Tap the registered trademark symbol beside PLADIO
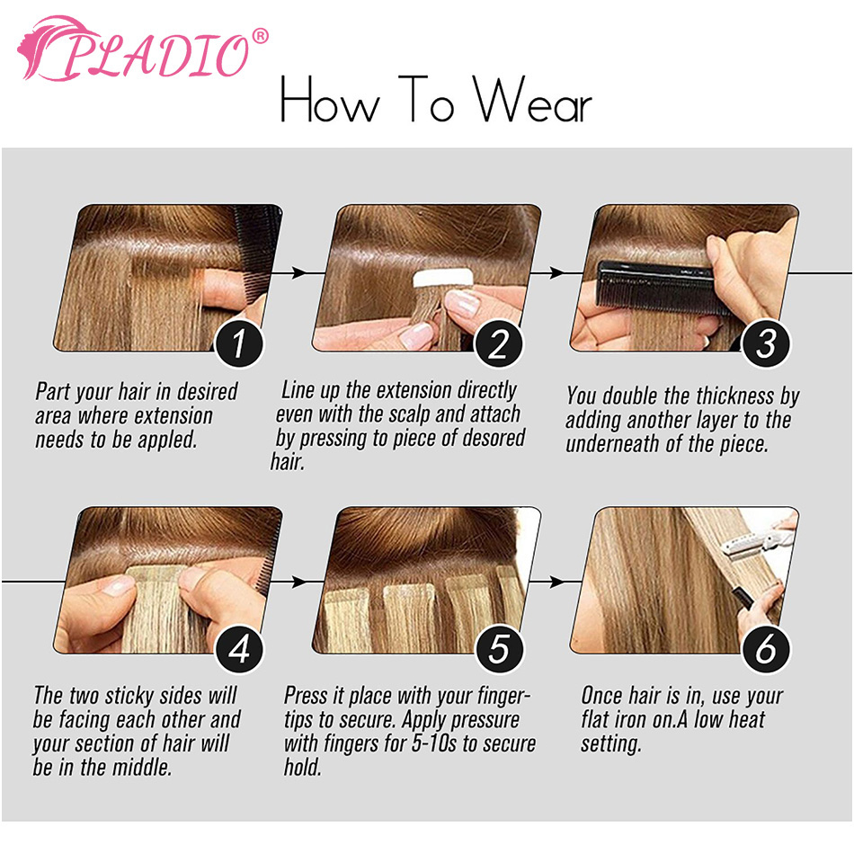coord(261,36)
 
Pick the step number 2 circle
coord(498,343)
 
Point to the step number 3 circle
coord(766,343)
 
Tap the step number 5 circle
coord(498,649)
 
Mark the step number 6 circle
coord(766,649)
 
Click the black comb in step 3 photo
coord(662,288)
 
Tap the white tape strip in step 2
coord(443,278)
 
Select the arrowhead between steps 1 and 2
coord(298,272)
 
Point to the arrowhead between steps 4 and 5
coord(298,582)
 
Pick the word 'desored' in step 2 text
coord(494,438)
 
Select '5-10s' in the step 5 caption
coord(433,743)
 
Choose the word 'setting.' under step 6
coord(611,744)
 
